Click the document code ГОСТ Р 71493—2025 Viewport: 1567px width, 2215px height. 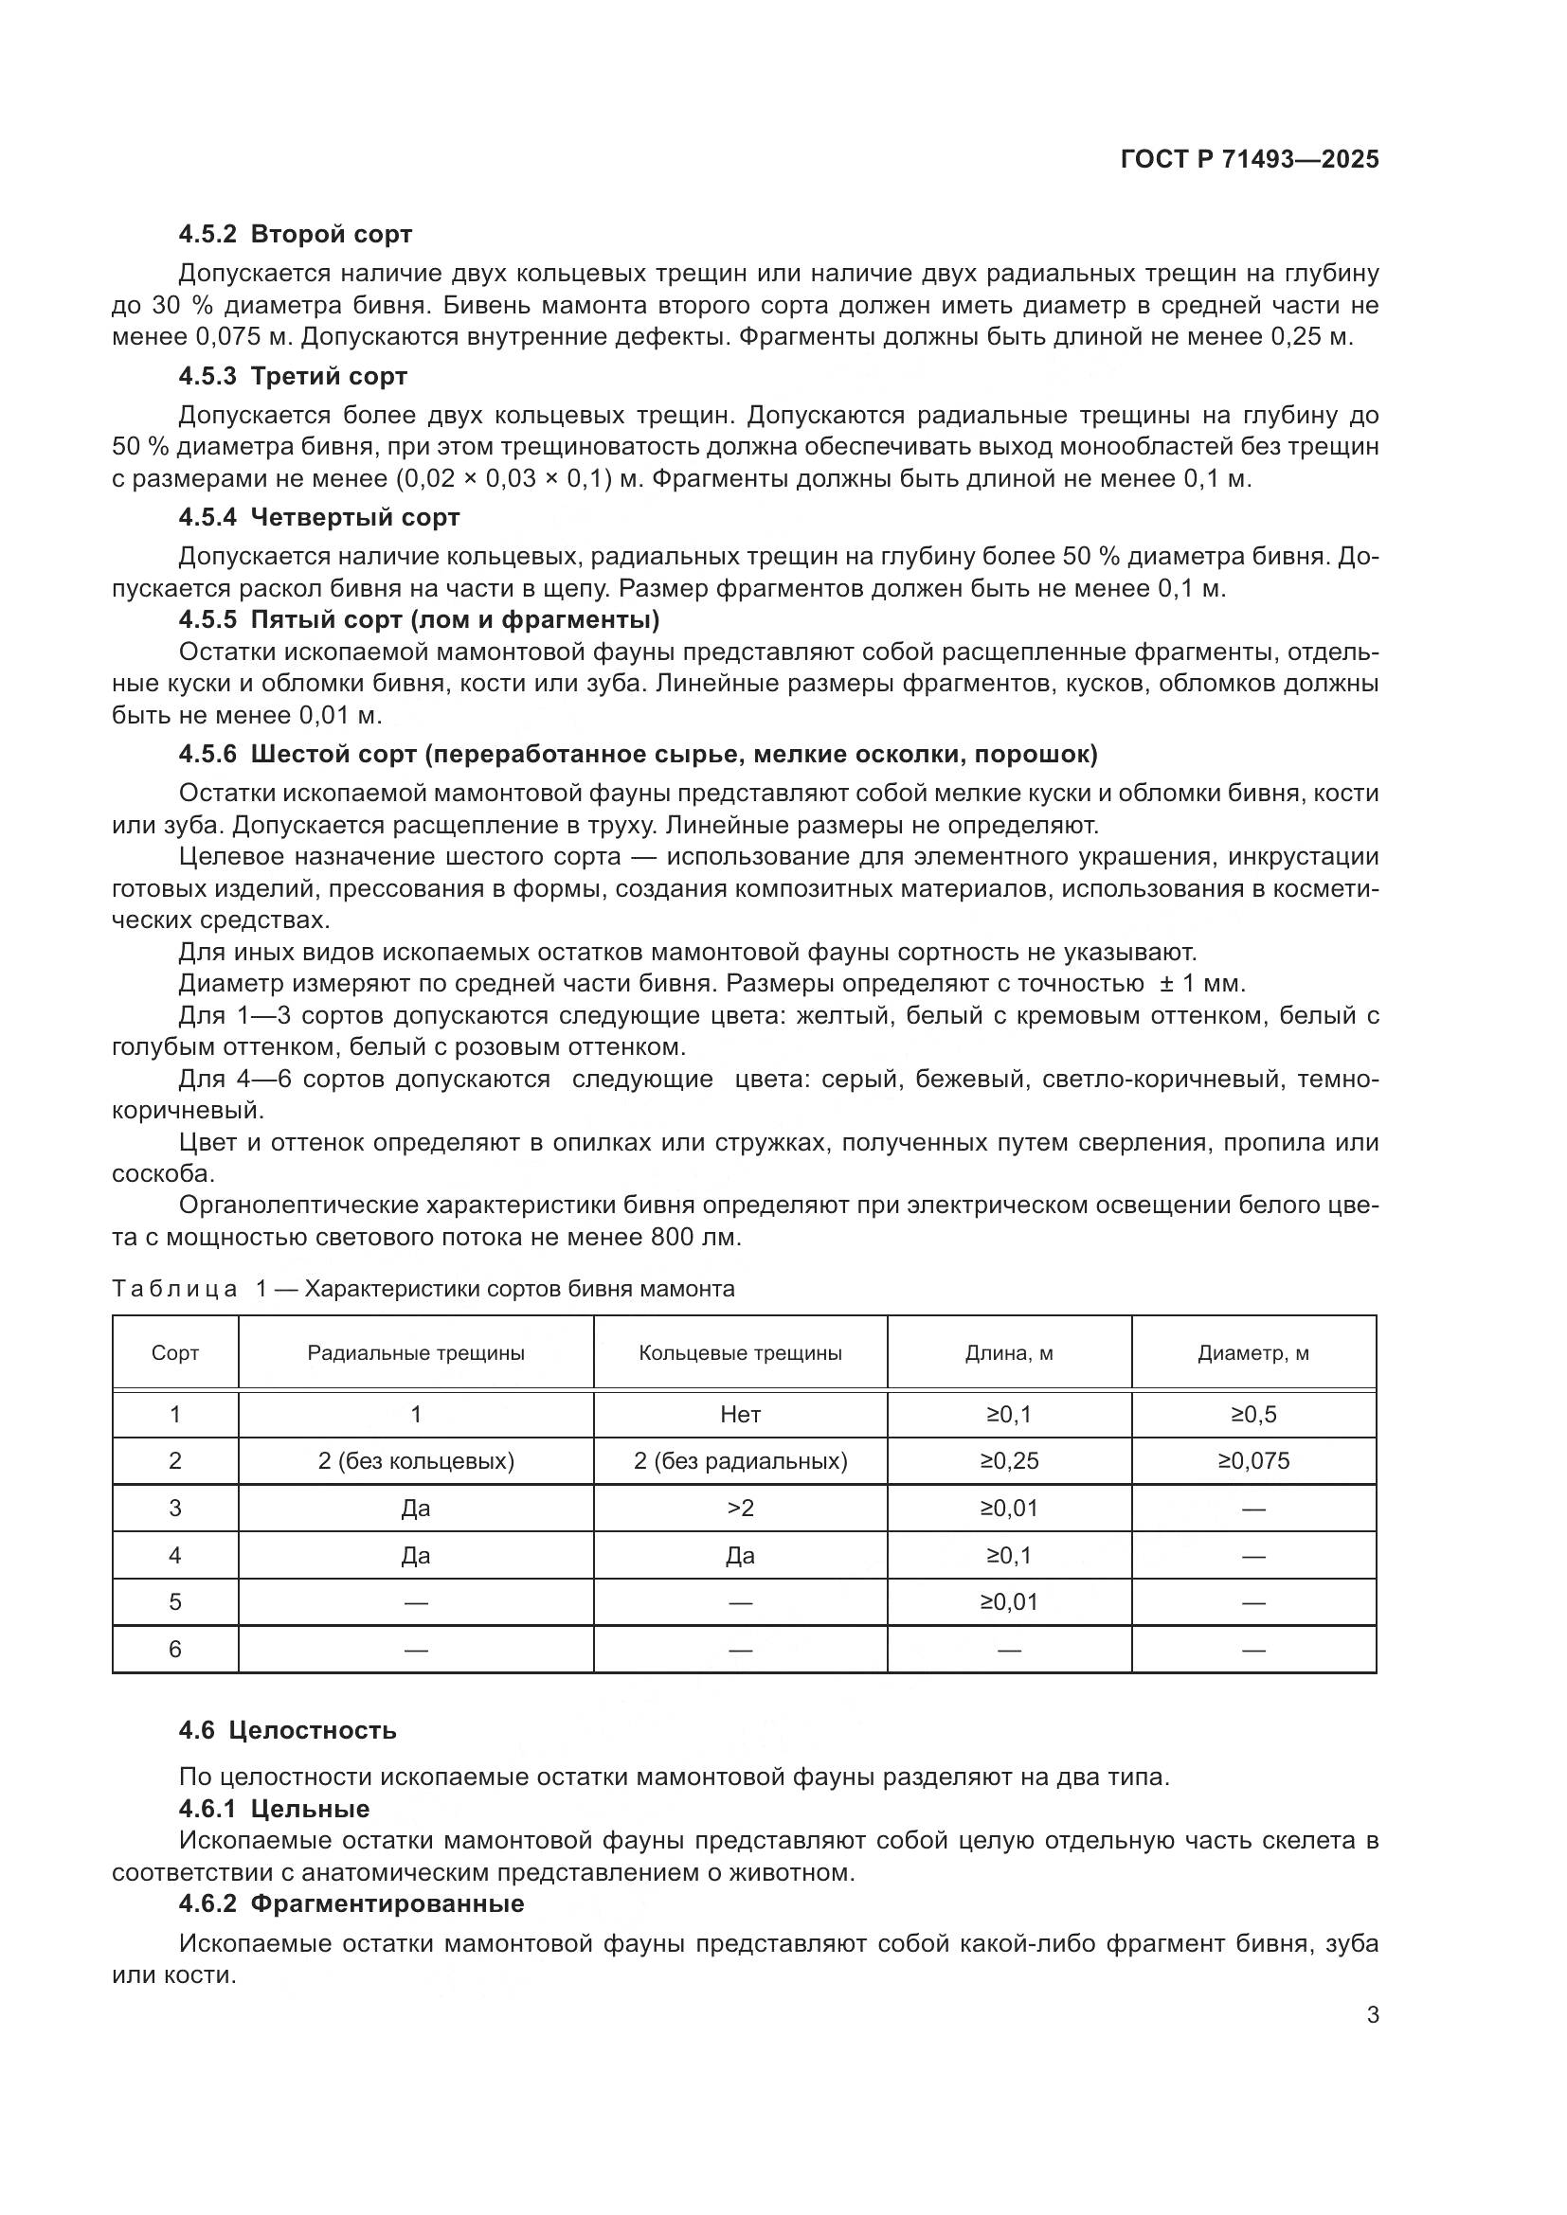[x=1249, y=160]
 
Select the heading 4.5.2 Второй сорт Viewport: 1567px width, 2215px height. [x=296, y=235]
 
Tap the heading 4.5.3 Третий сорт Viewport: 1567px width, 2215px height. [x=293, y=376]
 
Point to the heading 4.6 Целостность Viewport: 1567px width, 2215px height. [x=288, y=1730]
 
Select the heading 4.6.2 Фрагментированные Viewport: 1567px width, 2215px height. [x=351, y=1903]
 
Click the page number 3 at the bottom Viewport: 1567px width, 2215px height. [x=1372, y=2015]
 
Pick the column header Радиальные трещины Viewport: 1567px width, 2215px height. [x=416, y=1353]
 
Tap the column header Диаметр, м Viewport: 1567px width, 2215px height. [x=1252, y=1353]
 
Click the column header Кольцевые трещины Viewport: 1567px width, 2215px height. [x=740, y=1353]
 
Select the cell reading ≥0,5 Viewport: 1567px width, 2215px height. [x=1252, y=1415]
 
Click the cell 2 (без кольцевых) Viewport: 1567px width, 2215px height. [x=416, y=1461]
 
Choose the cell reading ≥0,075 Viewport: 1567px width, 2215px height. [x=1252, y=1461]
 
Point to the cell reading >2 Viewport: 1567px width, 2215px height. [x=740, y=1509]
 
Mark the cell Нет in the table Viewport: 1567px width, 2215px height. [x=740, y=1415]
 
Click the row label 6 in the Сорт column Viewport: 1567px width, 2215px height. [x=174, y=1650]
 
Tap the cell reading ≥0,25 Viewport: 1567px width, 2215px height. [x=1008, y=1461]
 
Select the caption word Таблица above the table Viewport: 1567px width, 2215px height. [x=174, y=1290]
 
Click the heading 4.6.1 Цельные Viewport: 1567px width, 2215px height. [x=274, y=1809]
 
